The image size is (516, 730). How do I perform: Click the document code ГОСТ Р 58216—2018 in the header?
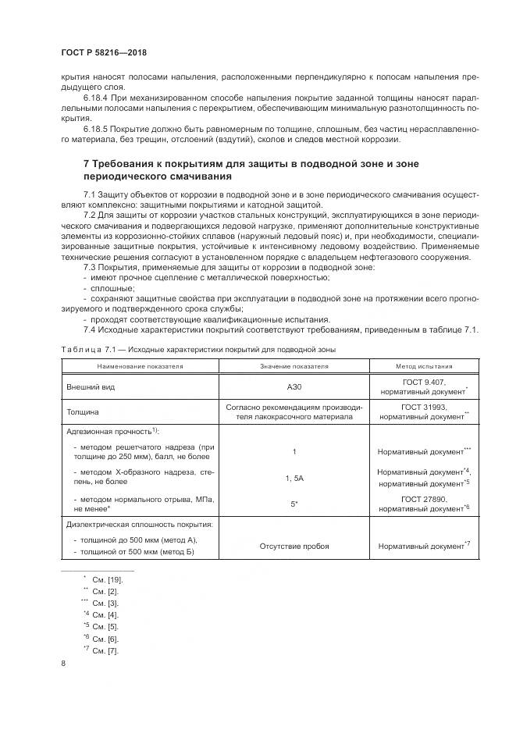point(104,52)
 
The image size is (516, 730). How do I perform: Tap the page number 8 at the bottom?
point(62,664)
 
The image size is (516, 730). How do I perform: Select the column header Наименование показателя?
point(140,365)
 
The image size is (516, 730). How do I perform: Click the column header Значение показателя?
point(294,365)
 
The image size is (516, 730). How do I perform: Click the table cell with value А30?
point(294,386)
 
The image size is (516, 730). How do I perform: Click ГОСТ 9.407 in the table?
point(422,381)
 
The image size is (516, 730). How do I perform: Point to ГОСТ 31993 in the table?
point(422,407)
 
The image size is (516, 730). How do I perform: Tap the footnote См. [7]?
point(105,650)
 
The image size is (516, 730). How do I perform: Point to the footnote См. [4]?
point(105,614)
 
